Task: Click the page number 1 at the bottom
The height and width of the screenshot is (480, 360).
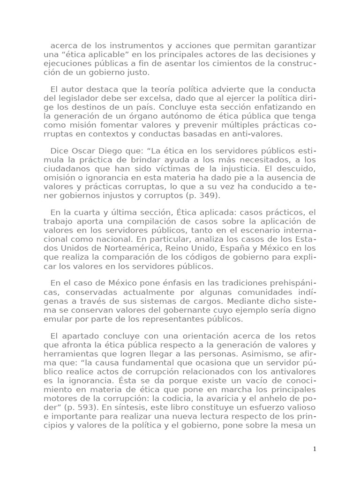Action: point(315,449)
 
